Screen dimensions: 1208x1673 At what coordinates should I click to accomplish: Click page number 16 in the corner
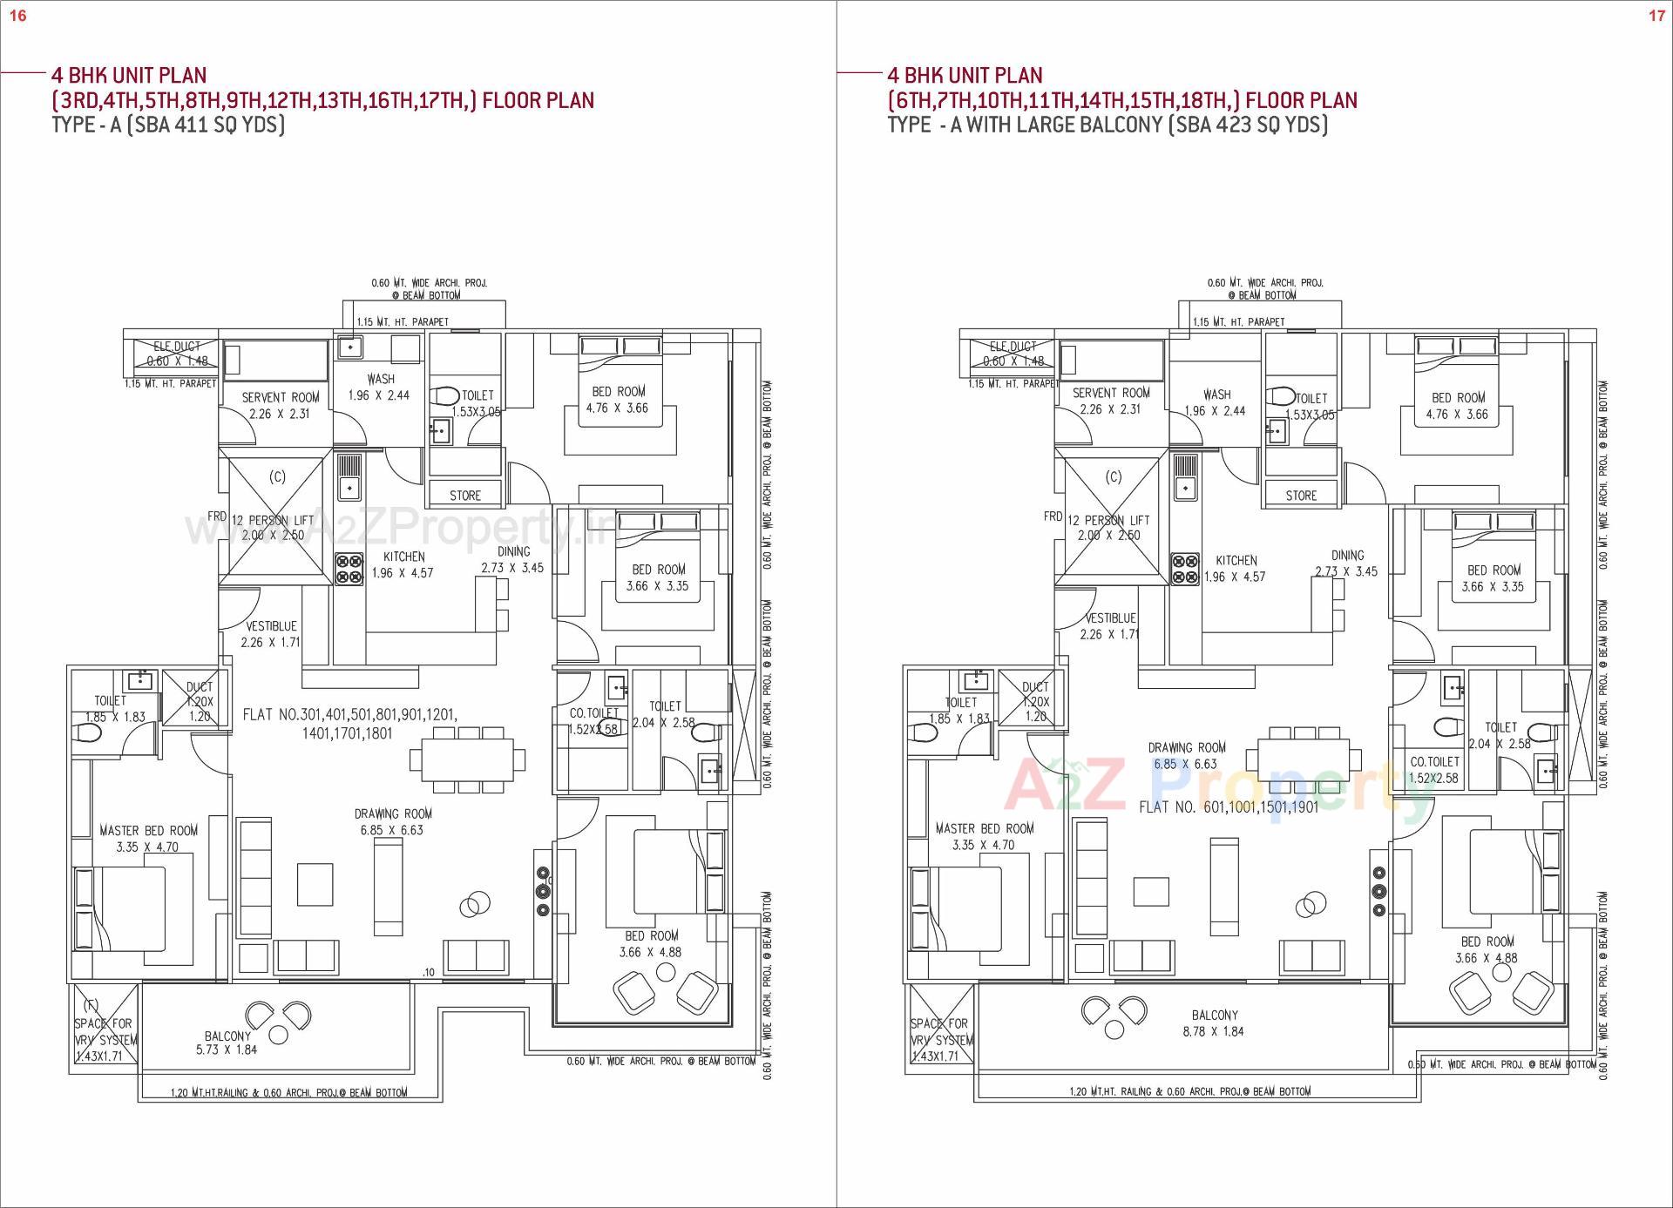coord(17,16)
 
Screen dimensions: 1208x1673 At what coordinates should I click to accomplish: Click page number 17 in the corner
coord(1656,16)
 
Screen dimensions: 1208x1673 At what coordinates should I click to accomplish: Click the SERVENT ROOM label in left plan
coord(281,397)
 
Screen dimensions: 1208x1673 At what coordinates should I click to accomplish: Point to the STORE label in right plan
coord(1301,496)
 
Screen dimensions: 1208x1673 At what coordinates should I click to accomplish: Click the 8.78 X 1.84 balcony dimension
coord(1214,1031)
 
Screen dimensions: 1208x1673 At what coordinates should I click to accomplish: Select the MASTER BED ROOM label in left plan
coord(148,831)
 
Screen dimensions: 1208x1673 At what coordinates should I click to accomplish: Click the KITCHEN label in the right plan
coord(1236,561)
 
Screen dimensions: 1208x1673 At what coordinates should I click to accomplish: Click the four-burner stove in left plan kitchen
coord(349,570)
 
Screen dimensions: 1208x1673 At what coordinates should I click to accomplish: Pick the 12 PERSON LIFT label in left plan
coord(273,520)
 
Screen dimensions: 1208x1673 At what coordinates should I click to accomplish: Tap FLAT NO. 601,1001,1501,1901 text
coord(1229,807)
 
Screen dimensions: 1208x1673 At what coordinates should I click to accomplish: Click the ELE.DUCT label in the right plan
coord(1012,347)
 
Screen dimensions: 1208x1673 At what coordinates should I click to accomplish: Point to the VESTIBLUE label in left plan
coord(271,626)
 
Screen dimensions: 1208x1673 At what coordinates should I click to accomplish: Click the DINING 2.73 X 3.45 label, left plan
coord(513,559)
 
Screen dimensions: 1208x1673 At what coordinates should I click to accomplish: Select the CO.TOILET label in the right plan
coord(1434,762)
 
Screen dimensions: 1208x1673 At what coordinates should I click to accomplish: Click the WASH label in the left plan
coord(381,379)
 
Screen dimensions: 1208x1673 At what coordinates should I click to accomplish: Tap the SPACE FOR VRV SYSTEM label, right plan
coord(938,1032)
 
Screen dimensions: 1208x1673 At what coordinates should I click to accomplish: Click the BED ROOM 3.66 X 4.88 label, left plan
coord(651,944)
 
